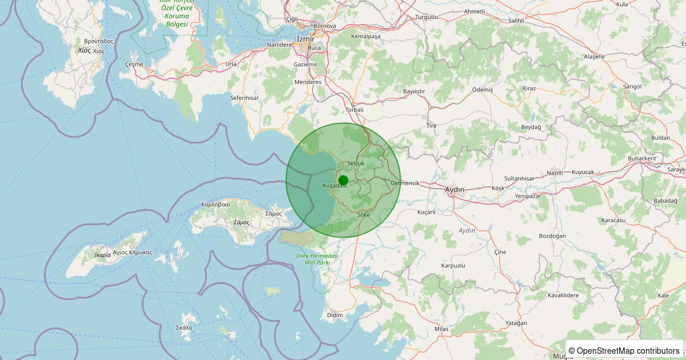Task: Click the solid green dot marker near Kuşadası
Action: [343, 179]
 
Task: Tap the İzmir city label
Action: [306, 39]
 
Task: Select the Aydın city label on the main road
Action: [455, 189]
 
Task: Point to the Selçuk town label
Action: [356, 163]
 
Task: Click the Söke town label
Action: [364, 214]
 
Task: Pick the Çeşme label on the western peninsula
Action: [134, 64]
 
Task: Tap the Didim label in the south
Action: [335, 315]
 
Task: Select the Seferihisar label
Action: [244, 98]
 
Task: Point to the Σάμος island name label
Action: [242, 222]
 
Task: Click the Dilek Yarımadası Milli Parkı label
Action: [317, 259]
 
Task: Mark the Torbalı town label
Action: [354, 110]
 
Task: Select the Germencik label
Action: [405, 183]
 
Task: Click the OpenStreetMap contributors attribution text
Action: [624, 350]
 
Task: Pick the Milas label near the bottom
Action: [441, 329]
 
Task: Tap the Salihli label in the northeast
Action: [516, 21]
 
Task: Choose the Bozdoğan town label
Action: [552, 236]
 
